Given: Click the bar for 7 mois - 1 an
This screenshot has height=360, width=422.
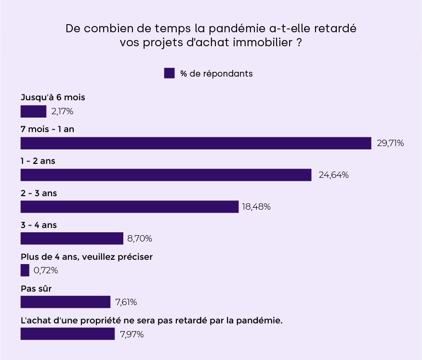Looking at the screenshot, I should (x=196, y=143).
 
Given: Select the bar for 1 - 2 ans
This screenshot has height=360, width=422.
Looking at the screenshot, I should (x=166, y=175).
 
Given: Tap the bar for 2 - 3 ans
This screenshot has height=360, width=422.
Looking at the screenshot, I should (x=130, y=207).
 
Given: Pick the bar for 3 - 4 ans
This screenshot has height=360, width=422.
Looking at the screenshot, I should (x=72, y=239).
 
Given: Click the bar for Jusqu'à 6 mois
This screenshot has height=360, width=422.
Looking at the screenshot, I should (x=33, y=111).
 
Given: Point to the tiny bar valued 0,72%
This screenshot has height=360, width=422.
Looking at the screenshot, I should (x=25, y=270).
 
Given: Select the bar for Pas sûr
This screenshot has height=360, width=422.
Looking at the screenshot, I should (x=66, y=302).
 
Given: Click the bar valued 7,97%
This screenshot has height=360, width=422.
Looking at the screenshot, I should (x=67, y=334).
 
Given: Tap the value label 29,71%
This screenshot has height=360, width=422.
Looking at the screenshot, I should (x=390, y=143).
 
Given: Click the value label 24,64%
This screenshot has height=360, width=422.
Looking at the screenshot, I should (x=333, y=175).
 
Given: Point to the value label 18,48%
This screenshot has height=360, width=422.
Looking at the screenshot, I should (x=256, y=207).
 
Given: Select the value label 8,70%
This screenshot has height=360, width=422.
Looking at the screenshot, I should (x=139, y=239).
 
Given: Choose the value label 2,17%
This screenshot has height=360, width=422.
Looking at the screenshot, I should (x=62, y=111).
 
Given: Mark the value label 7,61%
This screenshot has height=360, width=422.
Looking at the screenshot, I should (x=126, y=302).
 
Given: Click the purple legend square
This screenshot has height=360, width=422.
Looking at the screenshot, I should (x=169, y=73).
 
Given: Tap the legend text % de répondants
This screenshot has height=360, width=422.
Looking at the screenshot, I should (x=216, y=74).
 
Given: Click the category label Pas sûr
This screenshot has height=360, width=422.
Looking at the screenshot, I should (x=36, y=288).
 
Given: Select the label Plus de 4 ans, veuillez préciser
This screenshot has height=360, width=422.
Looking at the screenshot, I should (x=87, y=256).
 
